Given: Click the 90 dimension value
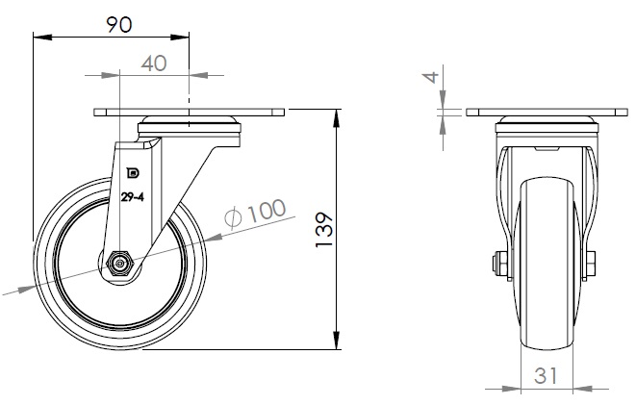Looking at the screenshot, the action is pos(119,25).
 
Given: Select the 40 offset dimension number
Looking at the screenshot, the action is pos(154,63).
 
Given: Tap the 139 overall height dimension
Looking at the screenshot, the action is pos(324,229).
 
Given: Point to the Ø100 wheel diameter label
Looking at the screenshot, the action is pos(256,213).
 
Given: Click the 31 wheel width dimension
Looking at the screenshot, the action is pos(546,376).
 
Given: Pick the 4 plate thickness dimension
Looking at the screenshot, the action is pos(432,77).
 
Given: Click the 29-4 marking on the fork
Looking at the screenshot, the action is pos(132,197).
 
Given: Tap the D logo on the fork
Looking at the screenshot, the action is pos(133,173).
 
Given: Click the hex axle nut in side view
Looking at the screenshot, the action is pos(119,264).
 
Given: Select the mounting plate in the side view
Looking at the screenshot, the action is pos(189,113).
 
